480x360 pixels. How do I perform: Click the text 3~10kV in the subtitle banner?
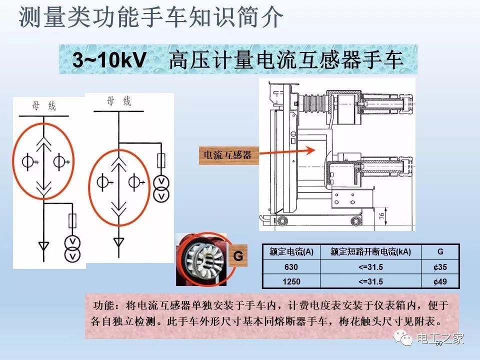(109, 60)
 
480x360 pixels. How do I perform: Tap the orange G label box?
(238, 256)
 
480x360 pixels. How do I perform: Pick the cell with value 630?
(291, 267)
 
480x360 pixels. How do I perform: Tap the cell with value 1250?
(291, 281)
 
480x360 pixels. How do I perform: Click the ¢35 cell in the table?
(440, 267)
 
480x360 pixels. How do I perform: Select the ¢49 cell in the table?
(440, 281)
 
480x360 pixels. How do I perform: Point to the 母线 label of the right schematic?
(118, 101)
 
